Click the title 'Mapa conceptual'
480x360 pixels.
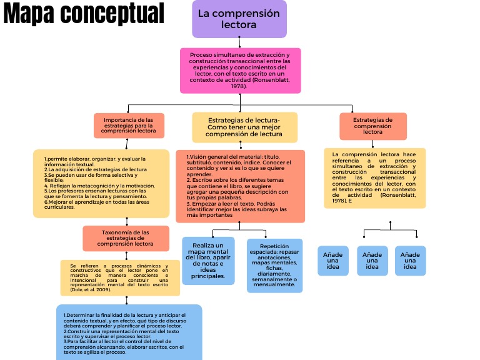[84, 14]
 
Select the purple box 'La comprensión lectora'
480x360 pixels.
[239, 19]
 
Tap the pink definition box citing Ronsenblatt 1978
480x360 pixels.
[241, 71]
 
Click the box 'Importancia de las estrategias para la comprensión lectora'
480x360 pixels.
[129, 125]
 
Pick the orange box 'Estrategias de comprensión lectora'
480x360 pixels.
[372, 126]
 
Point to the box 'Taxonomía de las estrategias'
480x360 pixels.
[126, 238]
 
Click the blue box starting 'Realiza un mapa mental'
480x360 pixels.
[208, 261]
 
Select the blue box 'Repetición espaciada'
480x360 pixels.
[274, 265]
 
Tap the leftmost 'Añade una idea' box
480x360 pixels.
[333, 261]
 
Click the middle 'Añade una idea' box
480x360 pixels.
[372, 261]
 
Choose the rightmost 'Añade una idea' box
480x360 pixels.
[410, 261]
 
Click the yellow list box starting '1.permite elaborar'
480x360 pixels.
[101, 183]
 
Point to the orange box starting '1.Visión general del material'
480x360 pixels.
[240, 186]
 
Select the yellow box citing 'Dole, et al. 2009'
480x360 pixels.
[119, 278]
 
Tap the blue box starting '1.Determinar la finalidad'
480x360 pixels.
[129, 331]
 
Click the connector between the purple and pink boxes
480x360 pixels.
[239, 42]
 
